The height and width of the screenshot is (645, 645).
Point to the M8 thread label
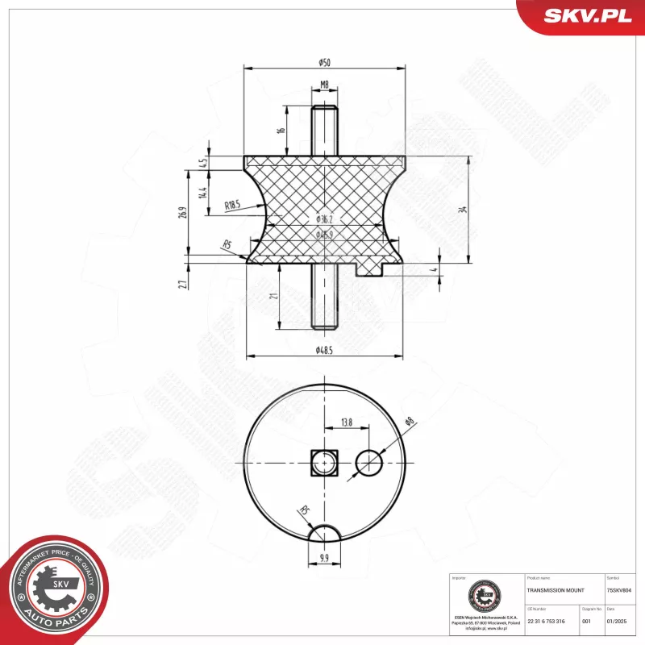coord(324,85)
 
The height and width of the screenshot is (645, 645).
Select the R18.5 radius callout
coord(233,206)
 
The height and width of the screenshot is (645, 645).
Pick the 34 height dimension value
coord(462,210)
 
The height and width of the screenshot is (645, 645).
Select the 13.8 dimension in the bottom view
coord(347,422)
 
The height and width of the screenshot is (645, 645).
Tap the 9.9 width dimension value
coord(324,556)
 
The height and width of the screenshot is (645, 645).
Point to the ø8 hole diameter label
coord(409,421)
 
